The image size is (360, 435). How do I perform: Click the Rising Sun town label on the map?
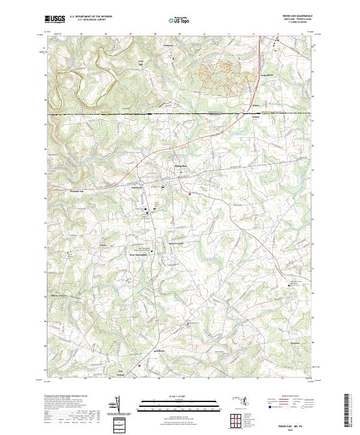coord(181,166)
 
